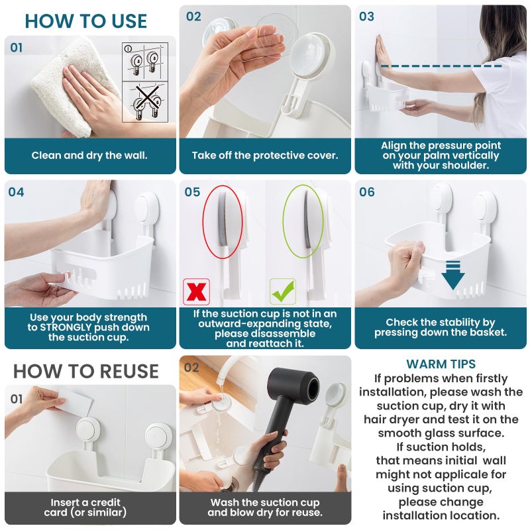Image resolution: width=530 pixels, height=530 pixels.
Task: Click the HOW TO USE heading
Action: click(x=86, y=21)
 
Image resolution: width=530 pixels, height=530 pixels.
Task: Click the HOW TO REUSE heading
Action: click(x=86, y=371)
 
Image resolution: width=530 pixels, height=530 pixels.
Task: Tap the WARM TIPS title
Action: click(x=441, y=364)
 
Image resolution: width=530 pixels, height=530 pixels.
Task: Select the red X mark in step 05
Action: click(x=196, y=291)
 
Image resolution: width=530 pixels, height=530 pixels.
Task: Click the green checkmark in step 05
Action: click(x=282, y=291)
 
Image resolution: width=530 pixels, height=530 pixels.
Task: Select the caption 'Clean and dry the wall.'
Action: click(x=89, y=156)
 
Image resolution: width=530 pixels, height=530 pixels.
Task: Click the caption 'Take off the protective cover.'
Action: click(x=265, y=156)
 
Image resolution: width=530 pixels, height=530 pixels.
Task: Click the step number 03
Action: click(x=366, y=17)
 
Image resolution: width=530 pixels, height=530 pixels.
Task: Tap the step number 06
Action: click(x=366, y=192)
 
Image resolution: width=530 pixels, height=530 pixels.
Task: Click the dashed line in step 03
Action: click(x=441, y=66)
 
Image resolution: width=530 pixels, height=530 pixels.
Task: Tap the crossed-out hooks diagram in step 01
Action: click(x=145, y=102)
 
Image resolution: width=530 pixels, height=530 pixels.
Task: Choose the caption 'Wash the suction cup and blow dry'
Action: click(x=265, y=507)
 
